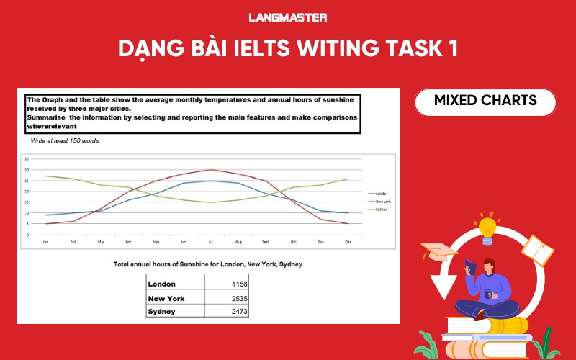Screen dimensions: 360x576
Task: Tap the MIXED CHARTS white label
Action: tap(485, 101)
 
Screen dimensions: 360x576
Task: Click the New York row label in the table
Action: tap(166, 298)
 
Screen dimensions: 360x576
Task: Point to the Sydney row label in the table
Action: tap(162, 311)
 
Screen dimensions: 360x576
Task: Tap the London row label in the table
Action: tap(161, 284)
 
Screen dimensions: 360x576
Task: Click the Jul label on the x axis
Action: tap(210, 242)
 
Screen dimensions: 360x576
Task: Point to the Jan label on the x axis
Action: tap(46, 242)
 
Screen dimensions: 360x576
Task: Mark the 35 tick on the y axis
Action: tap(27, 159)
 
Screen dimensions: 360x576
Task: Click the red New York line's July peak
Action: tap(210, 170)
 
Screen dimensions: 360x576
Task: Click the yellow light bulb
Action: tap(488, 228)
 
